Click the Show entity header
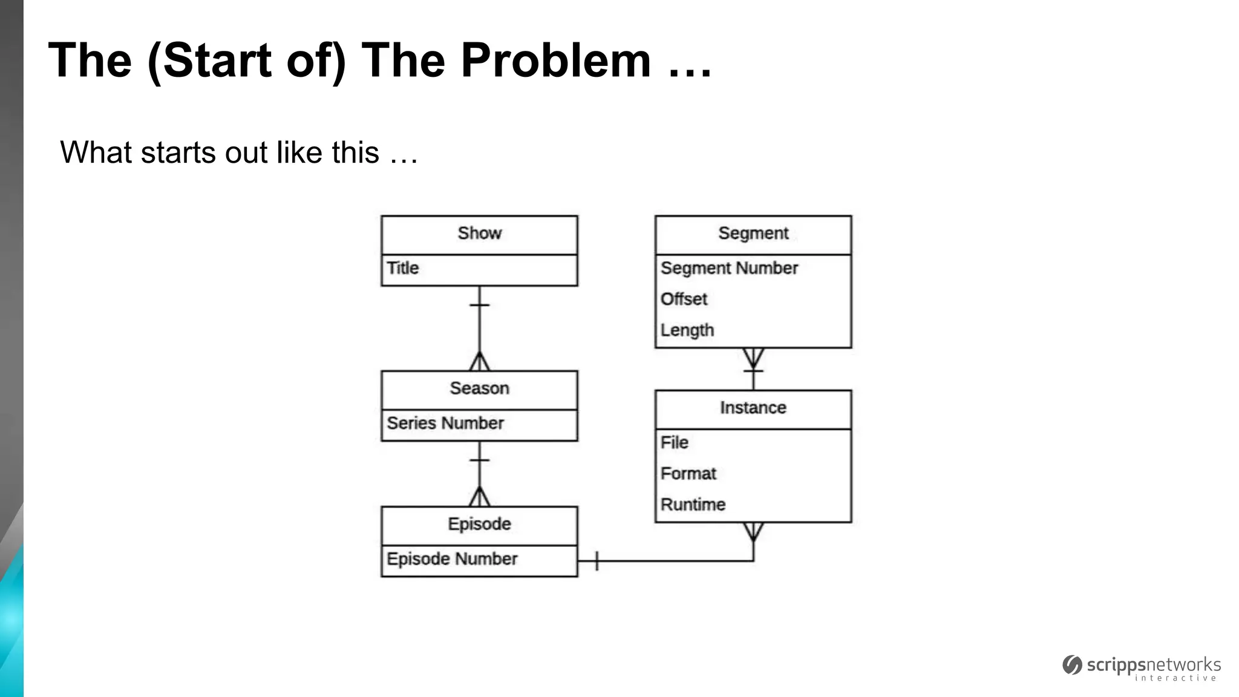[479, 234]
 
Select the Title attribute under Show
[403, 268]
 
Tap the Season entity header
[479, 388]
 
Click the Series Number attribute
[445, 424]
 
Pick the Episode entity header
[479, 524]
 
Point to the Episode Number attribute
[452, 559]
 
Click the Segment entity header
[753, 234]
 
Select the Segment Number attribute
[729, 268]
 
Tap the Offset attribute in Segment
[684, 299]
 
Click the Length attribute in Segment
[687, 330]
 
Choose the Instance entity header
[753, 408]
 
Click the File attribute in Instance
[675, 443]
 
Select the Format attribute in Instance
[688, 474]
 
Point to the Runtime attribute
[693, 505]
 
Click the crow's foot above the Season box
[479, 362]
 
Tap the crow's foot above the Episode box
[479, 497]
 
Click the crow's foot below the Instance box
[753, 532]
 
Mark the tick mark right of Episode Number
[597, 561]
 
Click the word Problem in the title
[555, 61]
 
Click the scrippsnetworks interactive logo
[1142, 668]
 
